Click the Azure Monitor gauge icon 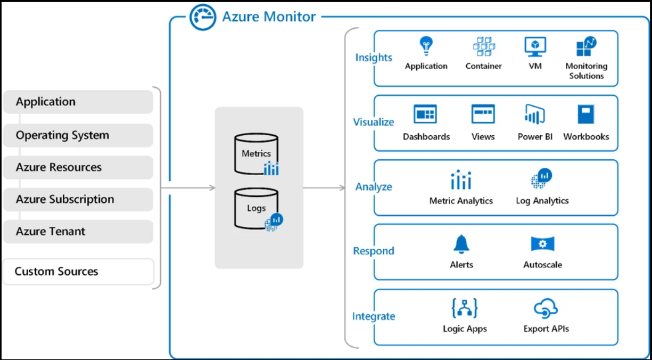[202, 17]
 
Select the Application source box [78, 102]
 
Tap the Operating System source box [78, 135]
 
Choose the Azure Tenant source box [78, 232]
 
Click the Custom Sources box [78, 272]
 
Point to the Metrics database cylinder [256, 154]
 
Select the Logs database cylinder [256, 208]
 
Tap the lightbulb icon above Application [426, 46]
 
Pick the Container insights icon [483, 46]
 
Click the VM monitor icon [535, 46]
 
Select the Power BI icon [535, 114]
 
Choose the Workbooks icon [585, 114]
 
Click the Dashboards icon [426, 114]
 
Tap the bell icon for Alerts [461, 244]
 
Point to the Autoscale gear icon [542, 244]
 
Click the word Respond [374, 251]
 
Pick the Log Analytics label [542, 201]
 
